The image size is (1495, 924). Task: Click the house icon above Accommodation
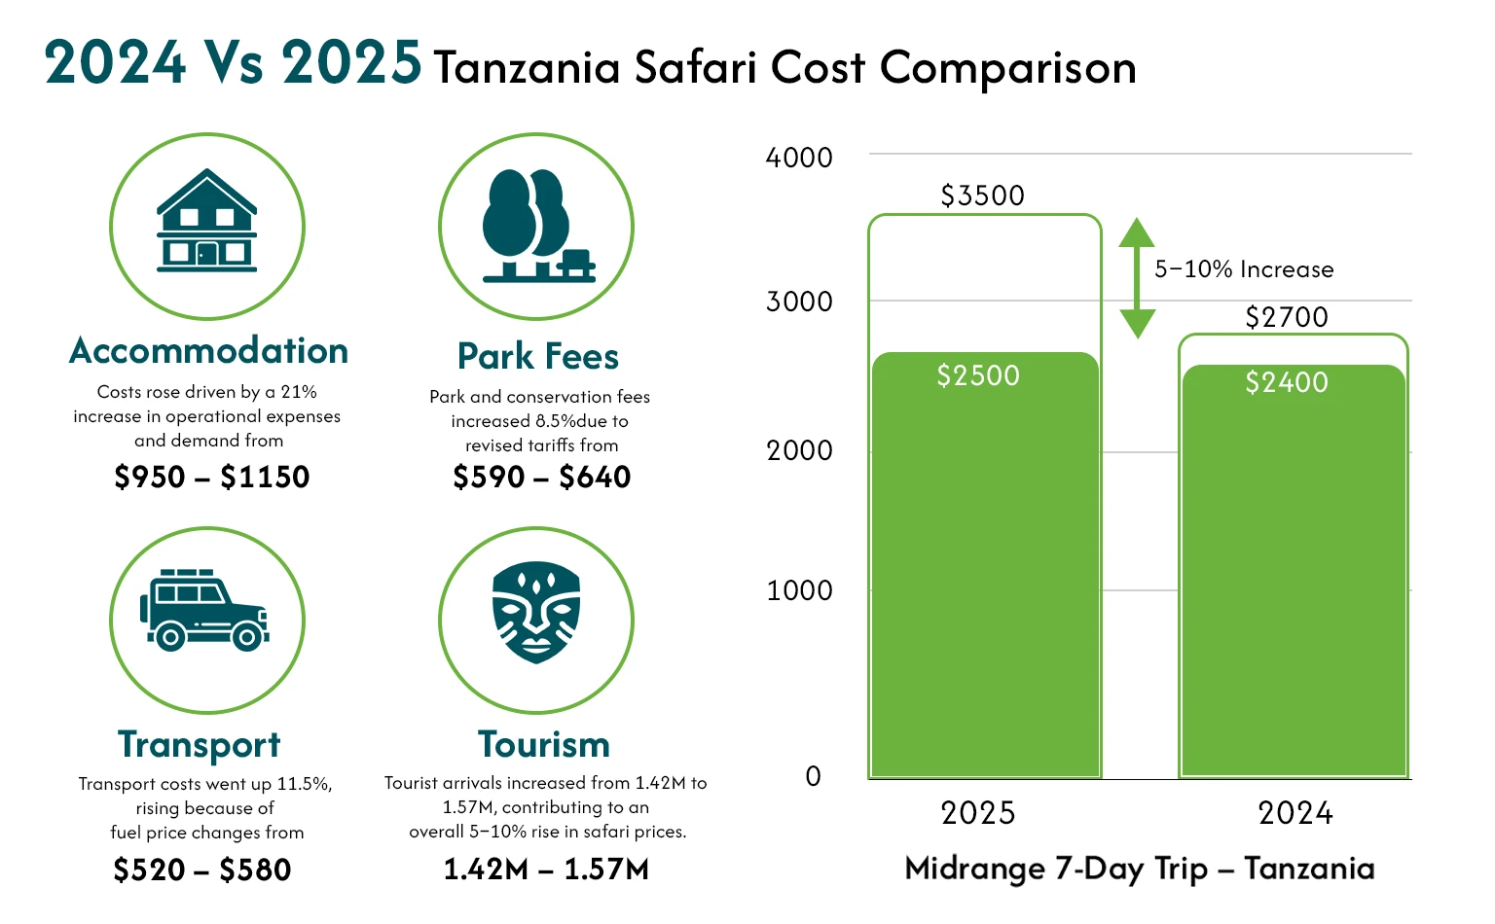pos(207,222)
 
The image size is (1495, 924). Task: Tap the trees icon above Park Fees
pos(536,227)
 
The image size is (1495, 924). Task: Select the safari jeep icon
pos(205,611)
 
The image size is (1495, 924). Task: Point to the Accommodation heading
pos(208,351)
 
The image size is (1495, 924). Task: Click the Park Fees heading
pos(538,357)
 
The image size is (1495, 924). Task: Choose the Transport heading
pos(200,745)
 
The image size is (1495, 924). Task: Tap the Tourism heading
pos(544,745)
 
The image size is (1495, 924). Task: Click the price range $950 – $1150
pos(212,478)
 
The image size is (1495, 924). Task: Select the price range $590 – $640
pos(542,478)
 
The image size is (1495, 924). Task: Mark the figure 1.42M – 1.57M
pos(546,870)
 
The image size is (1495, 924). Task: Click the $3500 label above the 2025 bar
pos(982,196)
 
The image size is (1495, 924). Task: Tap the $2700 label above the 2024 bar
pos(1287,318)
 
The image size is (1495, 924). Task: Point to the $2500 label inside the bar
pos(978,376)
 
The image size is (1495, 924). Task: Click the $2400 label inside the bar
pos(1287,383)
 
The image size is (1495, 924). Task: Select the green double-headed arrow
pos(1137,278)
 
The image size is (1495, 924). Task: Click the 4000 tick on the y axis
pos(799,158)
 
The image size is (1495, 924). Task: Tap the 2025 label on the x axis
pos(978,813)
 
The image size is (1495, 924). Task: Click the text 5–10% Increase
pos(1244,270)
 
